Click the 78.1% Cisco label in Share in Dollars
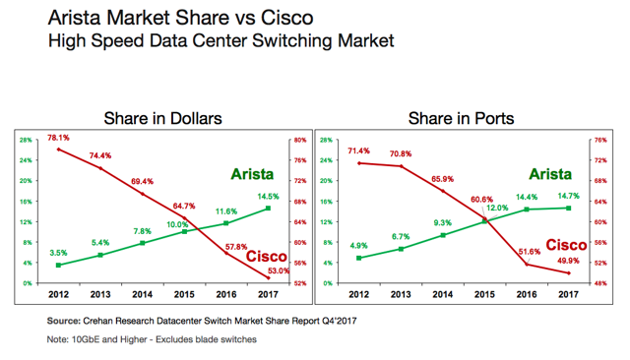click(x=58, y=138)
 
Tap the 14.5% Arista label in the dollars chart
click(x=268, y=197)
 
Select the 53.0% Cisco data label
click(x=279, y=270)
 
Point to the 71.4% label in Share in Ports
click(x=358, y=150)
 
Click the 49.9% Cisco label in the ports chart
click(x=569, y=261)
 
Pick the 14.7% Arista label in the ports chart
click(x=569, y=196)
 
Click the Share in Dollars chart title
click(x=162, y=118)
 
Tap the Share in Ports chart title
click(x=462, y=118)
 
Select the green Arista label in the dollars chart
click(x=252, y=174)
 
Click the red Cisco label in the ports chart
click(x=566, y=245)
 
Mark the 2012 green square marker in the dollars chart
click(x=58, y=265)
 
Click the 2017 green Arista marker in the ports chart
click(x=569, y=208)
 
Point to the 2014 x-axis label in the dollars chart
click(x=142, y=294)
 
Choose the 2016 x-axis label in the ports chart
click(x=527, y=294)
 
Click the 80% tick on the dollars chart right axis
click(x=300, y=140)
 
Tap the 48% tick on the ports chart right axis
click(x=600, y=283)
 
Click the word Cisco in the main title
click(x=286, y=18)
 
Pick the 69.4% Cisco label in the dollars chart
click(x=142, y=181)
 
